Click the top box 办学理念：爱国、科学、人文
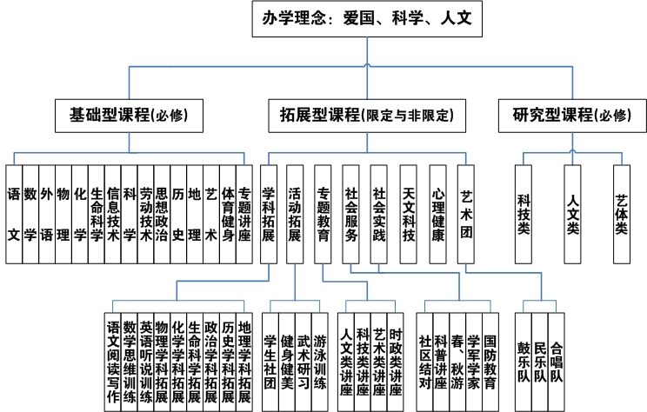367,18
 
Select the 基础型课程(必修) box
130,116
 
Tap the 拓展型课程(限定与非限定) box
367,116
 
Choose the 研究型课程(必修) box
572,116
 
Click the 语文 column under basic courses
14,215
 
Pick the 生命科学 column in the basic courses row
97,215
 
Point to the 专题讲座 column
244,215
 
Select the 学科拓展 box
269,215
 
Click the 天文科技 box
409,215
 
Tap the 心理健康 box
437,215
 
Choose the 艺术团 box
466,215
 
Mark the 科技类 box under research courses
524,215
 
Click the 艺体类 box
622,215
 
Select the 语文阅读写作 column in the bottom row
113,362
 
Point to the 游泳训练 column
320,362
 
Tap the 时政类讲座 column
396,362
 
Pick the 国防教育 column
490,362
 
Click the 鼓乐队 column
524,362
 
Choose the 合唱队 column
557,362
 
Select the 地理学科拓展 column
244,362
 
